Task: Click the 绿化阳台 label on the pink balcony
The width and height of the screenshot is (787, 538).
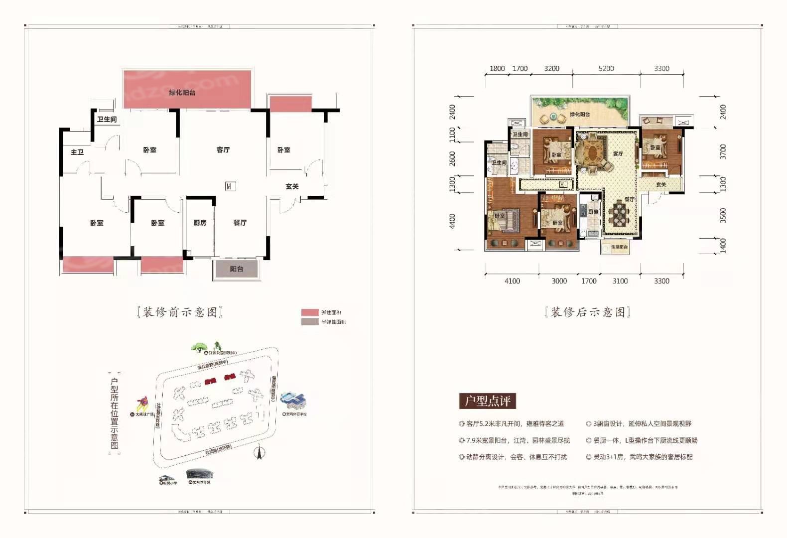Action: click(182, 93)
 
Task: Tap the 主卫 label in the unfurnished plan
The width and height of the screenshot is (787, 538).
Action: click(77, 152)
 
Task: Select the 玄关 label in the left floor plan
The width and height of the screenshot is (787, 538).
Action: click(292, 186)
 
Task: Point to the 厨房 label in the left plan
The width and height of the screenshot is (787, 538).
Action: click(200, 223)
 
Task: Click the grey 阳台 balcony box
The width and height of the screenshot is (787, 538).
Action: click(237, 269)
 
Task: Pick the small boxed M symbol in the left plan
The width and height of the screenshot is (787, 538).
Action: click(229, 186)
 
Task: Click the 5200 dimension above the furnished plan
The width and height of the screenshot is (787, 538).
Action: click(606, 69)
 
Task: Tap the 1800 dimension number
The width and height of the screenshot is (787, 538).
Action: click(497, 69)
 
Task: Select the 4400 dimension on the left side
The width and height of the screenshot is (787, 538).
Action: click(452, 221)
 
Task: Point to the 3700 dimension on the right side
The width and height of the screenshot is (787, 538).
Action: click(723, 151)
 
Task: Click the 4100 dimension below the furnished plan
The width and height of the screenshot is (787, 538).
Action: click(512, 281)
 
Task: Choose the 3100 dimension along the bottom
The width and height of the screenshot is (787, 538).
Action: click(620, 281)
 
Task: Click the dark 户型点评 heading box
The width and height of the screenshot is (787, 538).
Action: click(488, 401)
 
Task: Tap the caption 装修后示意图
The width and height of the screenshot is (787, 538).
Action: click(588, 312)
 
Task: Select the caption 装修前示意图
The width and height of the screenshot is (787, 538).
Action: click(180, 312)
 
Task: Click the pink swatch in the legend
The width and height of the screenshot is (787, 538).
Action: click(310, 312)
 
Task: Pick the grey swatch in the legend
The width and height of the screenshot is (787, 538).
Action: click(310, 322)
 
